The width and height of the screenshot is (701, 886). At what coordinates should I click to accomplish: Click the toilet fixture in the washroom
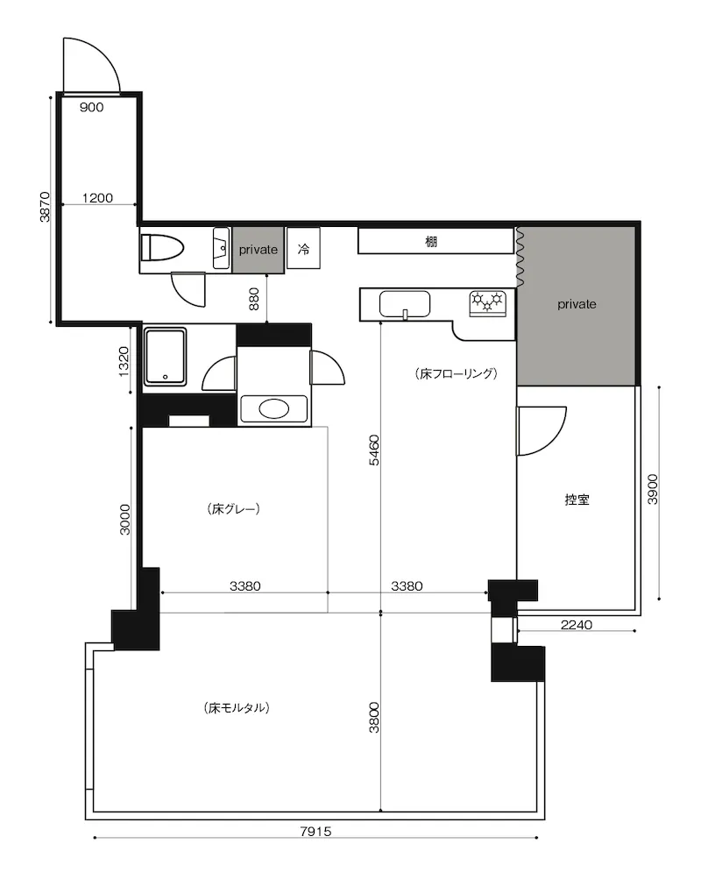click(x=162, y=247)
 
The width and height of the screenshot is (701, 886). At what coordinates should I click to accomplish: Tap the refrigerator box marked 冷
click(x=303, y=248)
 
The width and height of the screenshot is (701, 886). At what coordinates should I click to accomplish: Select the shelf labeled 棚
click(x=435, y=241)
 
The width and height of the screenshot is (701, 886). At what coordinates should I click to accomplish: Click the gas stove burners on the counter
click(x=488, y=303)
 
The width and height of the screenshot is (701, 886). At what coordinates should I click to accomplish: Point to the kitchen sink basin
click(x=405, y=305)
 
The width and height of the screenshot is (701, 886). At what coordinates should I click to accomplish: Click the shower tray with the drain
click(x=166, y=357)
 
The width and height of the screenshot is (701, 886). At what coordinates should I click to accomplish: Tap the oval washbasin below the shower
click(x=274, y=408)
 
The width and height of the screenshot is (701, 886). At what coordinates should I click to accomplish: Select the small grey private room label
click(x=258, y=250)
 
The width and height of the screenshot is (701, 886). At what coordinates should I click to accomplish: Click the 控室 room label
click(x=577, y=500)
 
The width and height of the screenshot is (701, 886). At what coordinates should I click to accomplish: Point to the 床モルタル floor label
click(x=236, y=707)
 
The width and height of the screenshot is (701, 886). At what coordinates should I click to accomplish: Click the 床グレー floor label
click(x=234, y=508)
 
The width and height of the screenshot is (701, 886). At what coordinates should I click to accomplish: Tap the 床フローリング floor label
click(x=457, y=373)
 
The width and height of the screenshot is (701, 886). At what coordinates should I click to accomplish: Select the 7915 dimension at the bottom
click(x=315, y=831)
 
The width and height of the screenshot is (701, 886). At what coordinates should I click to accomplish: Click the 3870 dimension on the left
click(x=45, y=207)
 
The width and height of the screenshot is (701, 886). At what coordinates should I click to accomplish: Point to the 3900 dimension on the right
click(x=653, y=489)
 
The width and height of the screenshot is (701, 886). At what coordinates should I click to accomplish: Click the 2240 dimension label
click(x=577, y=624)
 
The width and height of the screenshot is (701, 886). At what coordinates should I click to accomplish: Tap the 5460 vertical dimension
click(x=374, y=450)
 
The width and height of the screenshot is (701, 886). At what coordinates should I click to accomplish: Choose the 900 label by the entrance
click(x=91, y=108)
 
